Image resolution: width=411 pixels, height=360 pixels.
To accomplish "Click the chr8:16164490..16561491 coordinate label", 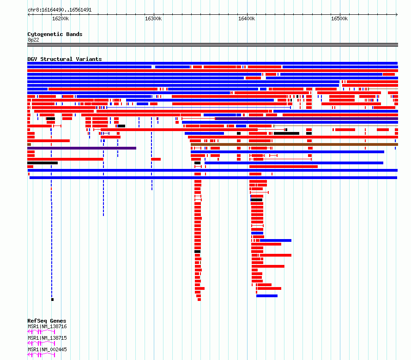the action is click(60, 10).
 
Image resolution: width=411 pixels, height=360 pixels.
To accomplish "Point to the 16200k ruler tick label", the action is click(60, 18).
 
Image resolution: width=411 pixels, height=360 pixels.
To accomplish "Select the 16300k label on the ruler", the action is click(153, 18).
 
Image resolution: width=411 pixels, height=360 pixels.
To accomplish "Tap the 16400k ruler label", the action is click(247, 18).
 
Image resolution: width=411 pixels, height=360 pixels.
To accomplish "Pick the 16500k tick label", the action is click(339, 18).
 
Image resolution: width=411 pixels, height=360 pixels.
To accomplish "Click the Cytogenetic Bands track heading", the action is click(55, 34).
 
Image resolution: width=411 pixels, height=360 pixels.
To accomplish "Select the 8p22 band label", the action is click(33, 40).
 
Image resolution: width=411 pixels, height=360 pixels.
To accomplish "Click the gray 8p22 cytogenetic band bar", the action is click(212, 45).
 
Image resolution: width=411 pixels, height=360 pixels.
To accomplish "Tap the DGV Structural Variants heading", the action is click(65, 59).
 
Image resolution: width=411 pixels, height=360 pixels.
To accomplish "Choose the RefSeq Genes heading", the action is click(47, 321).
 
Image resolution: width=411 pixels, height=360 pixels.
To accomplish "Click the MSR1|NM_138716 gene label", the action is click(47, 326).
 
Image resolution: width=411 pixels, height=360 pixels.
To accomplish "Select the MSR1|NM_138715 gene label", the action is click(47, 338).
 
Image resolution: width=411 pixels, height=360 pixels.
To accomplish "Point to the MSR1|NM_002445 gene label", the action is click(47, 349).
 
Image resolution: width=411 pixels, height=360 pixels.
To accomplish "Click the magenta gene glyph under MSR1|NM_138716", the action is click(41, 332).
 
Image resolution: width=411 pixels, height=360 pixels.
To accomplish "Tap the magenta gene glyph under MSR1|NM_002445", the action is click(41, 355).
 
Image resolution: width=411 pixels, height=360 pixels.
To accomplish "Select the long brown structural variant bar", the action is click(294, 144).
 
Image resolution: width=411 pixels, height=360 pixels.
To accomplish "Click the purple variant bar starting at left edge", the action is click(82, 148).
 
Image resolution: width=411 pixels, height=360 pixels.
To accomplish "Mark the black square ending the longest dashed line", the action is click(53, 300).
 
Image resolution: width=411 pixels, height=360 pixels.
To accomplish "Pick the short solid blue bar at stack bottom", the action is click(267, 296).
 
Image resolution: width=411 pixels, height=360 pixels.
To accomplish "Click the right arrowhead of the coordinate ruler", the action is click(397, 14).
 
